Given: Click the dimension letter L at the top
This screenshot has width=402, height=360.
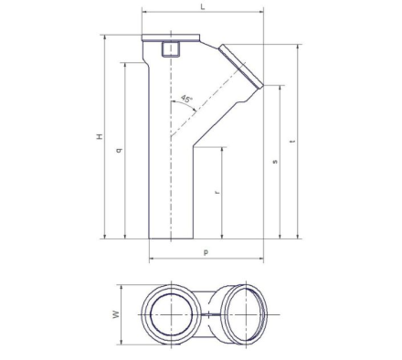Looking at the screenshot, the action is click(x=203, y=6).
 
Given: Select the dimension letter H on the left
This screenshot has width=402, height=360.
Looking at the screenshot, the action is click(x=100, y=136).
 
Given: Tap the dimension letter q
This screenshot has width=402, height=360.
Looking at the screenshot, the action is click(x=120, y=150).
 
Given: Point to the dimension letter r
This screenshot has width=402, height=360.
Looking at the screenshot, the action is click(x=217, y=192).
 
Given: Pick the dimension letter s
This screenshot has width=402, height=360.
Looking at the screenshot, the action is click(x=275, y=162).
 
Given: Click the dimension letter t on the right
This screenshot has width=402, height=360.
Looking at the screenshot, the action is click(x=292, y=142).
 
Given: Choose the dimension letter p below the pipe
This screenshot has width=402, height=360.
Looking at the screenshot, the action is click(x=206, y=252).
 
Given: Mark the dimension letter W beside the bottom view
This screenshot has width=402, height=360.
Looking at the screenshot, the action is click(x=116, y=314).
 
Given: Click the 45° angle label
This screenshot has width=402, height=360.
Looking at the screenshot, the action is click(x=187, y=99).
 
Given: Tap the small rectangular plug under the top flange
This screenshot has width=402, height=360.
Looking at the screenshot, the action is click(x=171, y=49).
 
